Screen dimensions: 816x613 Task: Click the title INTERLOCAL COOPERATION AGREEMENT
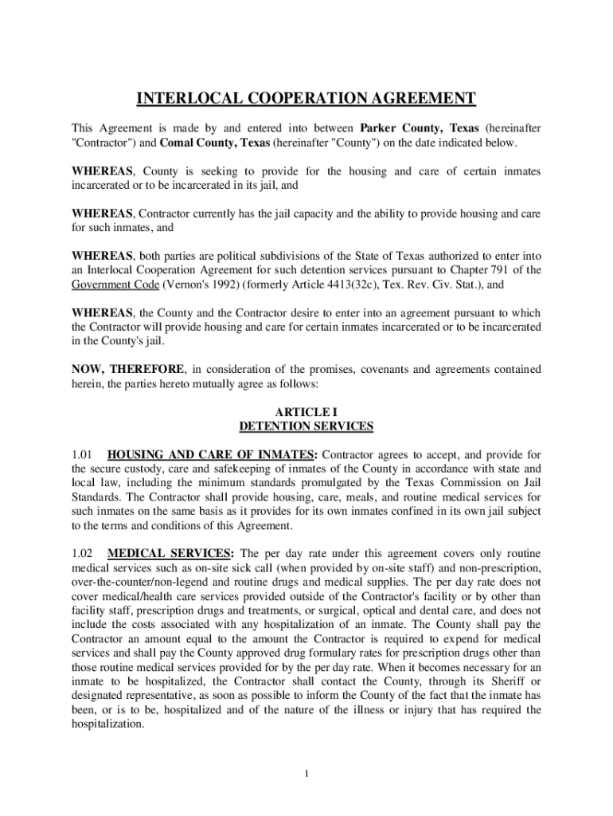pyautogui.click(x=306, y=99)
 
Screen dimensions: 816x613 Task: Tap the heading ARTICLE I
pyautogui.click(x=306, y=411)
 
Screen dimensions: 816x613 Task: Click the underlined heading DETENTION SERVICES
pyautogui.click(x=306, y=426)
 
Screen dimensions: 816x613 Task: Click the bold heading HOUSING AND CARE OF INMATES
pyautogui.click(x=212, y=455)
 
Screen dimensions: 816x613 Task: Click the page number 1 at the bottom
pyautogui.click(x=306, y=774)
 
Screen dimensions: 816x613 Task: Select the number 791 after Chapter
pyautogui.click(x=521, y=269)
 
